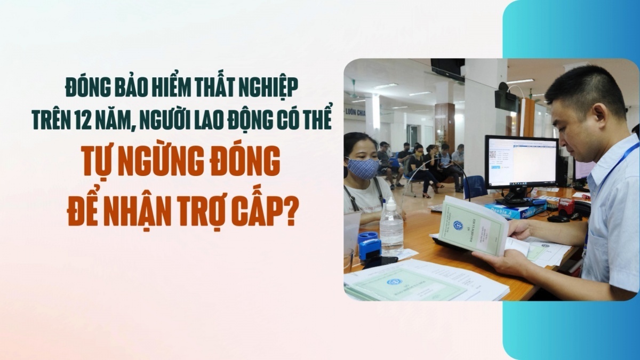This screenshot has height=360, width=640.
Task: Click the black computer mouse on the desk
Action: tap(558, 218)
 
